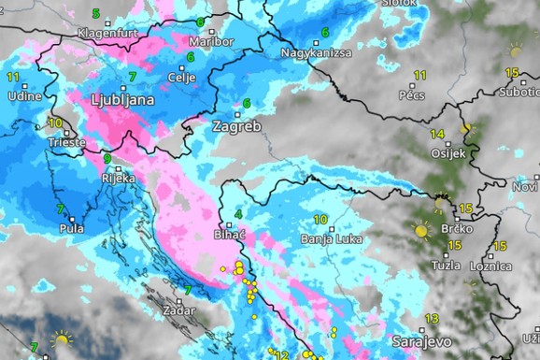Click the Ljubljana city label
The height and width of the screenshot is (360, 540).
123,97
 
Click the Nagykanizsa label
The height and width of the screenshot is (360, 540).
316,52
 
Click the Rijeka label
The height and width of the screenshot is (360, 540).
119,178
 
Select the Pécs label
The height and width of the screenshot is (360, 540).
412,95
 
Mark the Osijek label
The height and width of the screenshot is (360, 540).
446,153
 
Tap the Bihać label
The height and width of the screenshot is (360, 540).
230,235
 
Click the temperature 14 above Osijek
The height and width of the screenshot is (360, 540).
437,134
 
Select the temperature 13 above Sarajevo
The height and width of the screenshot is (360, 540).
432,319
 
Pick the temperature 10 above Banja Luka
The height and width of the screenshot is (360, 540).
320,220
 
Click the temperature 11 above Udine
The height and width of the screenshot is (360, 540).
13,76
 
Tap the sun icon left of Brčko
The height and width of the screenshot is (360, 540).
421,229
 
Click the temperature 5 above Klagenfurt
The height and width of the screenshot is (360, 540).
96,14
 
